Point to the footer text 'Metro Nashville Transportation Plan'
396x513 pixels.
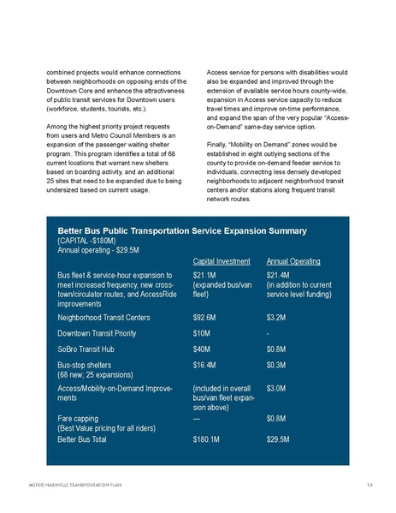75,486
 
